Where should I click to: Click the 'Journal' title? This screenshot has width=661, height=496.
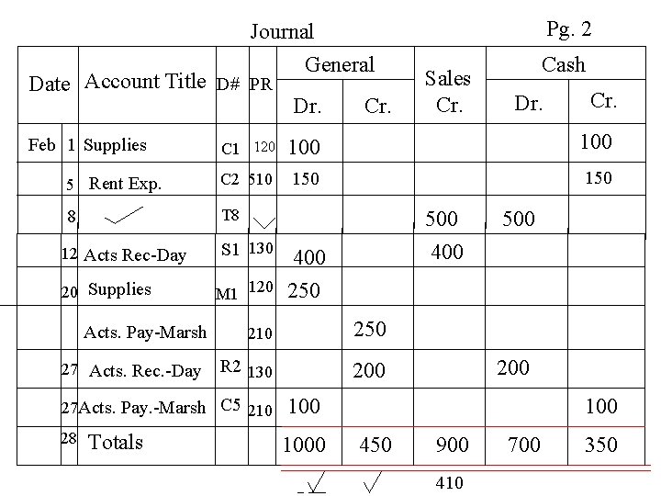coord(282,32)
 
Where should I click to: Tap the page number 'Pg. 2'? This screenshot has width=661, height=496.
coord(568,29)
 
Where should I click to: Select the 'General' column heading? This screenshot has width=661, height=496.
coord(340,64)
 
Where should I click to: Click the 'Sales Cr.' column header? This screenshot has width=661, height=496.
coord(449,91)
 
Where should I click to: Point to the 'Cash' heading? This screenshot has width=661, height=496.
coord(563,64)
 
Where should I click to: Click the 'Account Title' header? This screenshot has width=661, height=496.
coord(145,81)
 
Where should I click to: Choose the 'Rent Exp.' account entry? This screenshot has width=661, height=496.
coord(125,183)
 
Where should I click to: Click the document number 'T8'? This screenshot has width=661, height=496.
coord(230,216)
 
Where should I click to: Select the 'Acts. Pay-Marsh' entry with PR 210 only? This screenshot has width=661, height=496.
coord(145,332)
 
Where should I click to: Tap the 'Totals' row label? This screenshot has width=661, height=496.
coord(116,442)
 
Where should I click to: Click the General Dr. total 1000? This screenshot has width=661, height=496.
coord(304,445)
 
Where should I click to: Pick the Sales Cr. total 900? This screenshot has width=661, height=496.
coord(452,445)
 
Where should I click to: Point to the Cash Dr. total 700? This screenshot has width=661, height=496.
coord(525,445)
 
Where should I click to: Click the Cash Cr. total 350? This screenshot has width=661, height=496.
coord(600,445)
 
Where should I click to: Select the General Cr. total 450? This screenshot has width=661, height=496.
coord(375,445)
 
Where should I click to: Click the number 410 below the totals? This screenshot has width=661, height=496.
coord(450,482)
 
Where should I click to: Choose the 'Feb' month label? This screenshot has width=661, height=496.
coord(42,145)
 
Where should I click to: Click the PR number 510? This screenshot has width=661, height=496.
coord(260,179)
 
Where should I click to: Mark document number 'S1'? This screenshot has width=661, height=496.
coord(230,249)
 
